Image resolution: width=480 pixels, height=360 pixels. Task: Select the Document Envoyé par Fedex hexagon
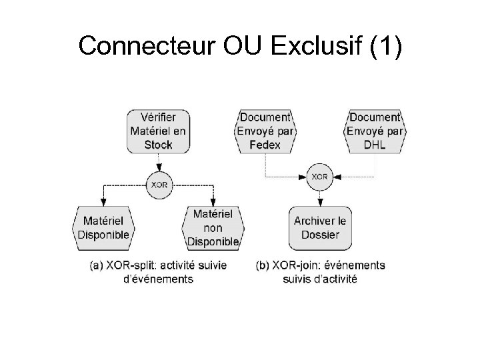pos(266,131)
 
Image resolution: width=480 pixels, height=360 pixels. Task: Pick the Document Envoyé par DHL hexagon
pos(375,131)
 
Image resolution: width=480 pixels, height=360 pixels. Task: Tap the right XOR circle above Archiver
pos(319,177)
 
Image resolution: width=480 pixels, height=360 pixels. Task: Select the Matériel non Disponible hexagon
pos(213,227)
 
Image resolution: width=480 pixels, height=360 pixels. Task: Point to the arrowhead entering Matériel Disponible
pos(104,202)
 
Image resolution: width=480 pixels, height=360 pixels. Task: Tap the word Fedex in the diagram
pos(266,144)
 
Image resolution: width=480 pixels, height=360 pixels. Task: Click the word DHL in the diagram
pos(375,144)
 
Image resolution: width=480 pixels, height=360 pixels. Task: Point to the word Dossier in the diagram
pos(319,234)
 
